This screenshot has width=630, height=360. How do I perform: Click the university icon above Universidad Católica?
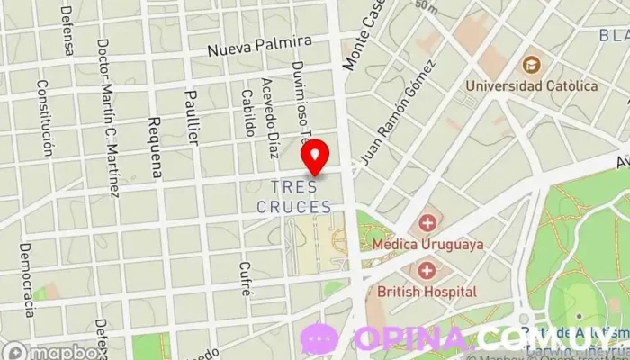[x=531, y=65]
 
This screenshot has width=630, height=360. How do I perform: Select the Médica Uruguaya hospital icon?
[x=427, y=222]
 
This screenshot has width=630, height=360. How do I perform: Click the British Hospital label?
[x=427, y=292]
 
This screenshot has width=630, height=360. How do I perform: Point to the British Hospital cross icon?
[x=427, y=270]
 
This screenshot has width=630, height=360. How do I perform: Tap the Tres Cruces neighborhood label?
[x=293, y=196]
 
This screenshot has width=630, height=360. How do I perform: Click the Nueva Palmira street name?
[x=259, y=45]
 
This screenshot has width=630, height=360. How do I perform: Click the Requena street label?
[x=155, y=146]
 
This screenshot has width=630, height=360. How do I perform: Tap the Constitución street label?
[x=45, y=117]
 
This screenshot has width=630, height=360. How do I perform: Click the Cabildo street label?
[x=249, y=114]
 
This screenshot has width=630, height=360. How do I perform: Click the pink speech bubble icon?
[x=319, y=339]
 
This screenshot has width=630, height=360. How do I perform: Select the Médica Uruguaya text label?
[x=436, y=244]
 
